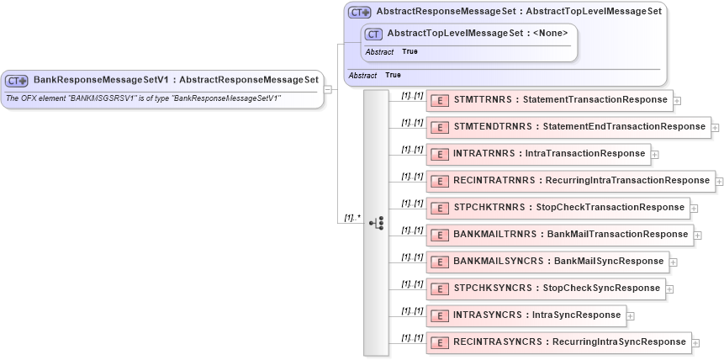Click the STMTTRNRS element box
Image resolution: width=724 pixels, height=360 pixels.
point(550,100)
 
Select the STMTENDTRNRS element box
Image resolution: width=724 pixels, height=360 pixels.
point(568,127)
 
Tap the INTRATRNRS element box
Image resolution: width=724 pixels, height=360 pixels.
point(538,154)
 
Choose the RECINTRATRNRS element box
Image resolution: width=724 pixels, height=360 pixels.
point(570,181)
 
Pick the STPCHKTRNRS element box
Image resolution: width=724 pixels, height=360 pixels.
point(558,208)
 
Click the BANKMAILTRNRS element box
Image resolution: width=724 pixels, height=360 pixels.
point(559,235)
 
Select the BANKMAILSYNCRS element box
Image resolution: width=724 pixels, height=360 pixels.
point(547,262)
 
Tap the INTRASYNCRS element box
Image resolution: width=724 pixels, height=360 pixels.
point(526,315)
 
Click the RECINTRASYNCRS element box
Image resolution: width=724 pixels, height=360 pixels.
point(558,342)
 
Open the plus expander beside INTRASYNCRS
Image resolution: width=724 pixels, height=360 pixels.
point(631,316)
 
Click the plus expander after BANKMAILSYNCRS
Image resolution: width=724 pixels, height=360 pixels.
point(674,262)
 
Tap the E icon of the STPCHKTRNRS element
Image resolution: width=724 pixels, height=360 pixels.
point(438,208)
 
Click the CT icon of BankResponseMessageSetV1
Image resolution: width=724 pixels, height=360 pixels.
point(17,81)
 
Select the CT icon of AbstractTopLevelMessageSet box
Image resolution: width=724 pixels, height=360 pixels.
point(373,34)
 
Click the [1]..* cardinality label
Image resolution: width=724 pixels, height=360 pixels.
point(351,217)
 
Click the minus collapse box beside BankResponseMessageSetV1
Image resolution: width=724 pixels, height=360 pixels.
point(328,88)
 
